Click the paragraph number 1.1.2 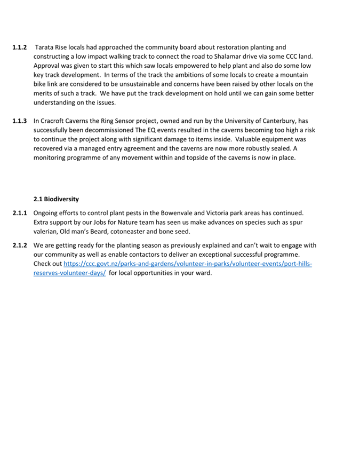click(20, 48)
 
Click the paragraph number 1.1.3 click(20, 121)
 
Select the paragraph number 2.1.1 click(20, 212)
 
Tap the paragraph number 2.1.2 click(20, 246)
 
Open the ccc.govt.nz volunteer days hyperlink click(187, 264)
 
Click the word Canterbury click(274, 121)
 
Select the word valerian click(47, 231)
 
